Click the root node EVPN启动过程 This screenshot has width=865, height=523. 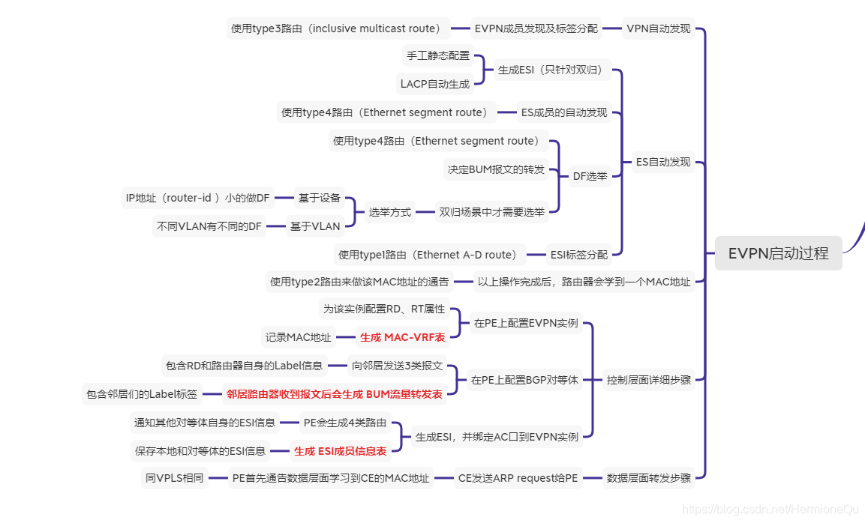click(x=778, y=253)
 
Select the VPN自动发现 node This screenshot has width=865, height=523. click(x=658, y=28)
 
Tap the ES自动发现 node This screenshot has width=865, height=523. click(x=663, y=161)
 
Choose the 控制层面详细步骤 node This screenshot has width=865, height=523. click(x=649, y=379)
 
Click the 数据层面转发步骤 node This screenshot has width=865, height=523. click(x=648, y=477)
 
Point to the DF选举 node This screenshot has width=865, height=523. click(x=590, y=176)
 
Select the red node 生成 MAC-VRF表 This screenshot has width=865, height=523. click(x=402, y=337)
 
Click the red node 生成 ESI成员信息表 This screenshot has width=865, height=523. click(x=340, y=450)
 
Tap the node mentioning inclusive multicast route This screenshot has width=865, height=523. click(x=338, y=28)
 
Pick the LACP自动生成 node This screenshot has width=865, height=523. click(x=434, y=84)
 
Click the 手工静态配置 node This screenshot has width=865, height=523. click(x=438, y=55)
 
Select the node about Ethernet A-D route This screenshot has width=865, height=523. click(x=428, y=255)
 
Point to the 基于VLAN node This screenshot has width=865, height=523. click(x=315, y=226)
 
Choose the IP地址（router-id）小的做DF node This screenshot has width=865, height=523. click(x=197, y=198)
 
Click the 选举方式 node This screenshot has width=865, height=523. click(x=389, y=212)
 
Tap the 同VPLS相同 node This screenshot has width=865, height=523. click(x=174, y=477)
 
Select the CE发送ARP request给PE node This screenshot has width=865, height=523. click(x=518, y=477)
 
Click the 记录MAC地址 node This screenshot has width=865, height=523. click(x=298, y=337)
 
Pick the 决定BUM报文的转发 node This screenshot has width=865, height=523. click(x=496, y=169)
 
